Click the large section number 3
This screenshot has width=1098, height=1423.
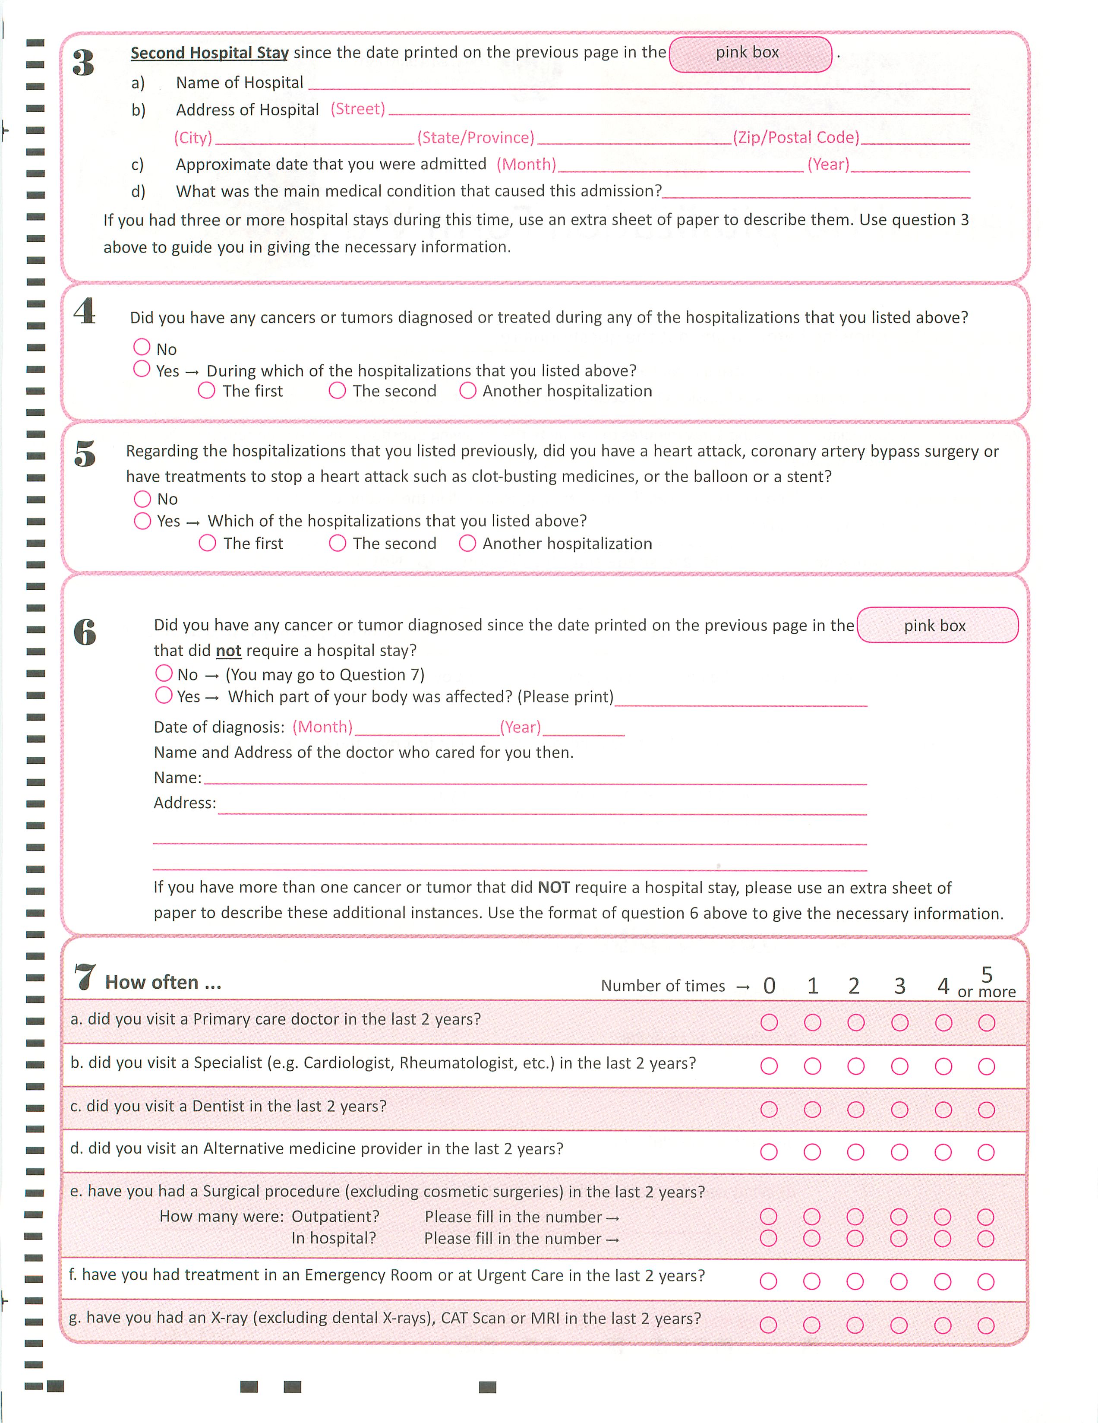83,63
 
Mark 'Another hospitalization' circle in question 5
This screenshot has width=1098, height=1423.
467,544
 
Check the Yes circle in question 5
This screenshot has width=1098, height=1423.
142,521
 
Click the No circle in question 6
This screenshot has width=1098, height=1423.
164,673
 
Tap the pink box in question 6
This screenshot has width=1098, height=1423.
937,626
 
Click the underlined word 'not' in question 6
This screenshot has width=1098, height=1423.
229,651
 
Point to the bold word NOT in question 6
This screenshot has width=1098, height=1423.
554,887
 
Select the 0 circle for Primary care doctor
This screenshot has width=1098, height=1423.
769,1022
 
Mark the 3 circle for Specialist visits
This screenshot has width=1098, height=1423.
899,1066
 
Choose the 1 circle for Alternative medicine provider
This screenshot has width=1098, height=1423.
812,1152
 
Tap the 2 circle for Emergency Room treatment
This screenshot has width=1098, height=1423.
855,1282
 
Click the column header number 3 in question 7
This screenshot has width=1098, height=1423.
899,986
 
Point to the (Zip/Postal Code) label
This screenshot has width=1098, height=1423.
796,137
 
